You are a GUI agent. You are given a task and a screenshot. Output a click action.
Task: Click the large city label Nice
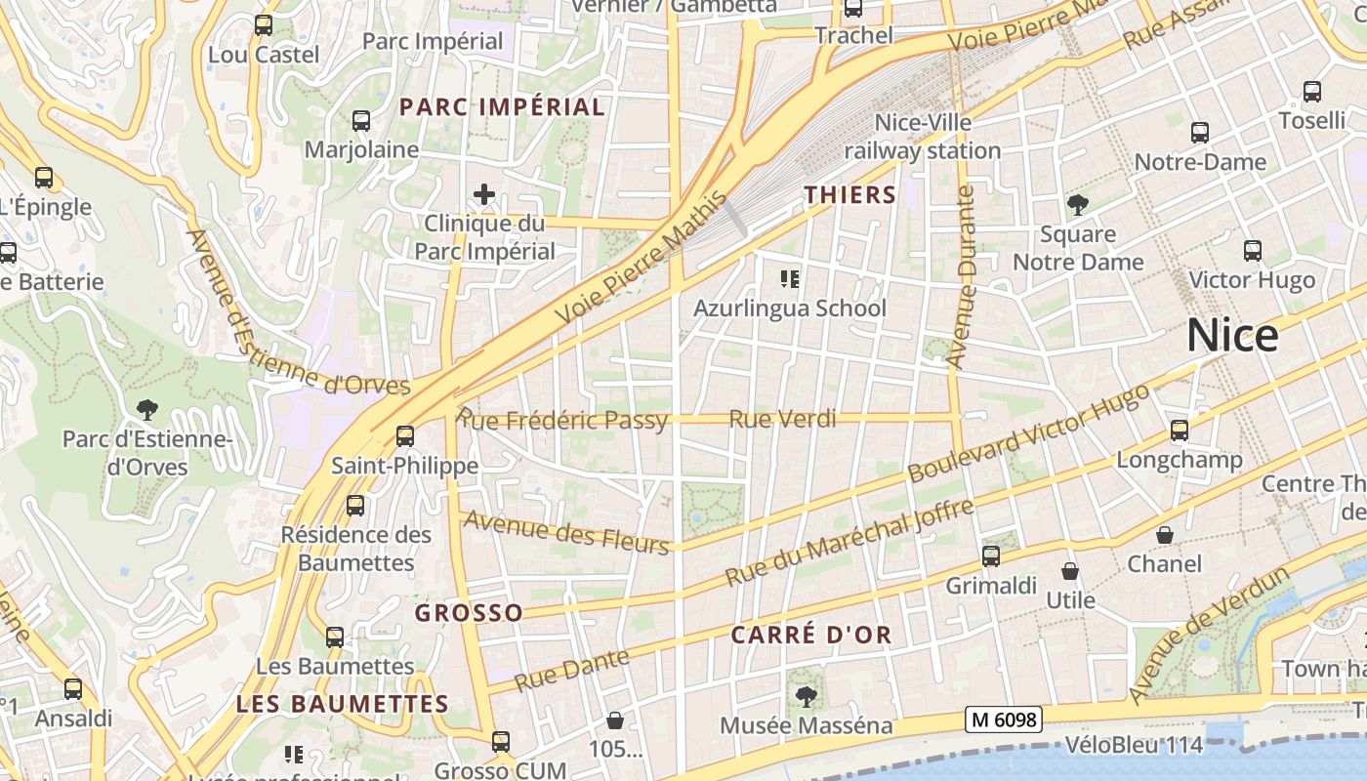1232,336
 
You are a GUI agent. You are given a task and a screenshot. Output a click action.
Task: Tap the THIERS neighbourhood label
849,194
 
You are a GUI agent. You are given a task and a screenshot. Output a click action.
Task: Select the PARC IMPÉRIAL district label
503,107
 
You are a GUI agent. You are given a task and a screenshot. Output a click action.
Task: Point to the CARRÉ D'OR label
811,636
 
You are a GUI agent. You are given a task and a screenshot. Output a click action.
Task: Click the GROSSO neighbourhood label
469,613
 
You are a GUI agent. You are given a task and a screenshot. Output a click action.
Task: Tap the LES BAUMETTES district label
342,703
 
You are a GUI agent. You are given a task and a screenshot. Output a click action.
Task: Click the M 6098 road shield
1004,720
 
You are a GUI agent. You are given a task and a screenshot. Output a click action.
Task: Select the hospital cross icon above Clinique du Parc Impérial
484,194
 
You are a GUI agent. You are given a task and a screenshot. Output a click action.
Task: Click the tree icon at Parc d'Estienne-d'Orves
147,409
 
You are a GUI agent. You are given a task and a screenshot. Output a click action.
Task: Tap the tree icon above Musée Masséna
806,696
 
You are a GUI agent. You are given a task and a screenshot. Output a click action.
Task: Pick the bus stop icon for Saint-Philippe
405,435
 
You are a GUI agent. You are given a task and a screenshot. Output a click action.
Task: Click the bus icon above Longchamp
1180,430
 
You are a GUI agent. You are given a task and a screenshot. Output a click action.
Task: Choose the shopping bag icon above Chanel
1165,535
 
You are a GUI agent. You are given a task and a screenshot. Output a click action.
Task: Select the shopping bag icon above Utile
1070,571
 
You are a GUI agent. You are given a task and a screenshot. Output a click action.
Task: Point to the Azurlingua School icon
790,280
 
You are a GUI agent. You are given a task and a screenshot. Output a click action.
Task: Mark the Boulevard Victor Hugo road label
1029,432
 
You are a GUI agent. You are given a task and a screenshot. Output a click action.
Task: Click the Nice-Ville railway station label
922,137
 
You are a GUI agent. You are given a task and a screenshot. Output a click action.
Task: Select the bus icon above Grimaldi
991,556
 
